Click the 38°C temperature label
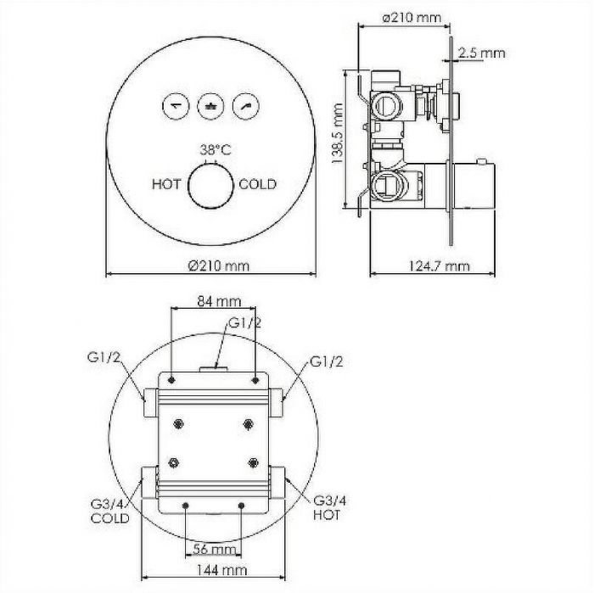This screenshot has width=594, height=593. tap(216, 150)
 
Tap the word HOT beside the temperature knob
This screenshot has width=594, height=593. tap(166, 184)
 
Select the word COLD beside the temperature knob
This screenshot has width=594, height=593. tap(258, 184)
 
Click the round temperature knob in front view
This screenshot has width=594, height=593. tap(211, 186)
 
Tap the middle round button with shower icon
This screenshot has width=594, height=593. tap(210, 106)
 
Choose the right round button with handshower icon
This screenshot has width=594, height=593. tap(246, 106)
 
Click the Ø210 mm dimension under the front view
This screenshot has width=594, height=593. tap(219, 266)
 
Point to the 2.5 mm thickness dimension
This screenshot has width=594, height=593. tap(481, 53)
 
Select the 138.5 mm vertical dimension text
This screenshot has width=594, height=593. tap(337, 133)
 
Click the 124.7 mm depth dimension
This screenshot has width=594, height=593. tap(439, 266)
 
